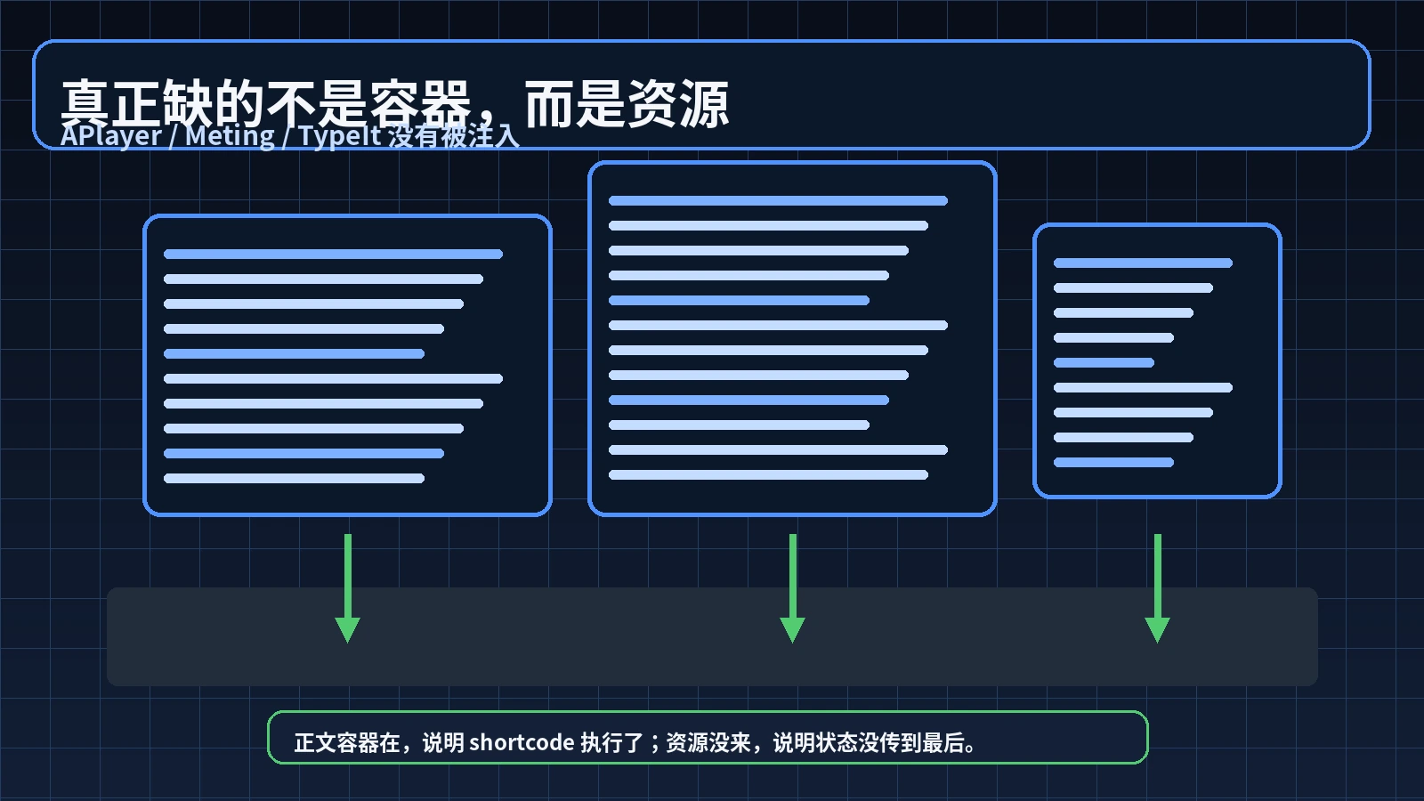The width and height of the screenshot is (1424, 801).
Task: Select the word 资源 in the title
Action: [678, 103]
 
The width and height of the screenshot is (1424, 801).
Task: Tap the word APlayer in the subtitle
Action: [111, 136]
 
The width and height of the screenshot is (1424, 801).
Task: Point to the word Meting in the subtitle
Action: [231, 136]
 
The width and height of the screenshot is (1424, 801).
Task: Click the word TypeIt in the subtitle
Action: [340, 136]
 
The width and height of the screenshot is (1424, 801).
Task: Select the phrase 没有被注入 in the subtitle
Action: [454, 136]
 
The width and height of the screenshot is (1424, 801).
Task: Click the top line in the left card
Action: [333, 255]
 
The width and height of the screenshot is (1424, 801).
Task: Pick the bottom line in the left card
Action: [294, 479]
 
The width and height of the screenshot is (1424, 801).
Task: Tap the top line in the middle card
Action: [778, 201]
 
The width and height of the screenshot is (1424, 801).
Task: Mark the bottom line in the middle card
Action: [768, 475]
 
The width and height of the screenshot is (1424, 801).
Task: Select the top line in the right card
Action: [1143, 263]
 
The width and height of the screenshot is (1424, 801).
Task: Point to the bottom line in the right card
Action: [1113, 463]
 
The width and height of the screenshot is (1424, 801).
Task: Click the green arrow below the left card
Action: [347, 587]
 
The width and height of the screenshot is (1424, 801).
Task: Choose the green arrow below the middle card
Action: [792, 587]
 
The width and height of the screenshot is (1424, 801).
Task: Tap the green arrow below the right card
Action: [1157, 587]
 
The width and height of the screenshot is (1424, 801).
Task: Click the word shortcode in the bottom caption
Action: [522, 742]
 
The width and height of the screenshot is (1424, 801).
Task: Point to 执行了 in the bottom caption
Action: [612, 742]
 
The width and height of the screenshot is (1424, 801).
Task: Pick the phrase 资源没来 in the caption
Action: [708, 742]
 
